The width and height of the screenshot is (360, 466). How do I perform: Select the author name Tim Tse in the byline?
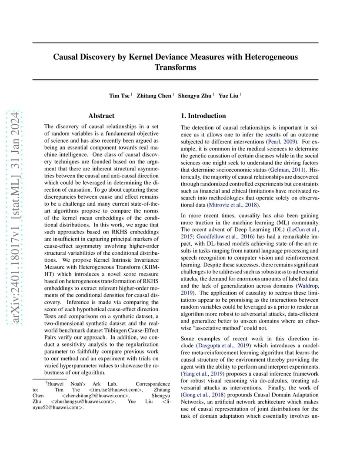(119, 96)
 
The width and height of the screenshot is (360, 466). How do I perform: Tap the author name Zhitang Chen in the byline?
(154, 96)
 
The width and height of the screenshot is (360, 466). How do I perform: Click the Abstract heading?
(101, 116)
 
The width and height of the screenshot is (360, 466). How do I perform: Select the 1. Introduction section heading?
(203, 116)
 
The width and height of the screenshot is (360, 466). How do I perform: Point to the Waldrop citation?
(307, 286)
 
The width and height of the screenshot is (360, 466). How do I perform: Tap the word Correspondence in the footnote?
(153, 384)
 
